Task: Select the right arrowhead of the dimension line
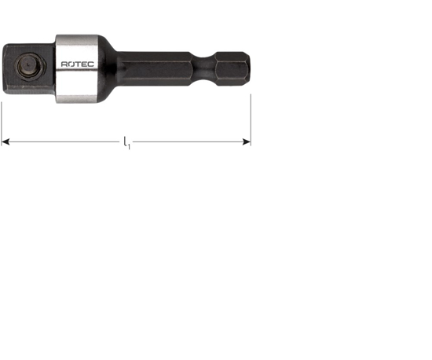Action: coord(247,142)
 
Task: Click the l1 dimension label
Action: coord(126,142)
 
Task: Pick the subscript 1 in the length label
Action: coord(129,145)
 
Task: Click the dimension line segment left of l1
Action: coord(63,142)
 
